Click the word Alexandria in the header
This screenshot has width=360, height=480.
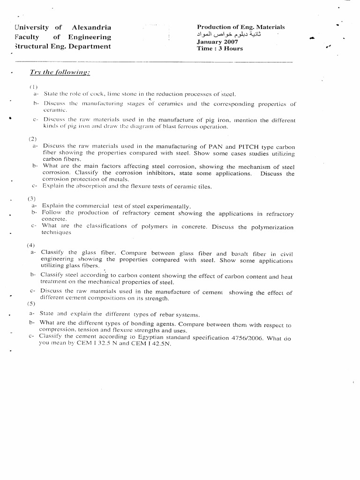point(91,28)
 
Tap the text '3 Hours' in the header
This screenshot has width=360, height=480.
point(230,48)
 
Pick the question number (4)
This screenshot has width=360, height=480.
point(31,245)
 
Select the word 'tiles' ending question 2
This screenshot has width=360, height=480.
point(205,186)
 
